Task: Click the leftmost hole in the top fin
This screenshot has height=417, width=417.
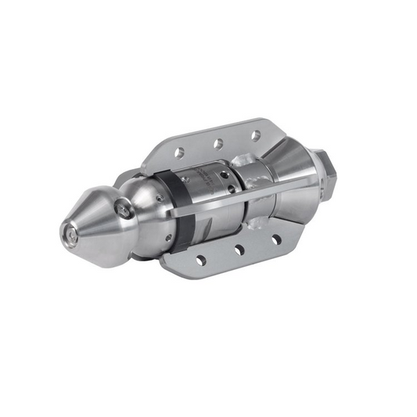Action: pos(179,153)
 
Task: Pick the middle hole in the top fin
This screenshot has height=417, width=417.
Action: pos(218,143)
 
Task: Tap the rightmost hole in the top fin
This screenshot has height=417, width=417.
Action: pos(255,135)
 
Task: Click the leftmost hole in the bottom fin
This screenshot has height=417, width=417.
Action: pos(201,260)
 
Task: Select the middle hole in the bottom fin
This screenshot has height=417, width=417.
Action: pos(239,250)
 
